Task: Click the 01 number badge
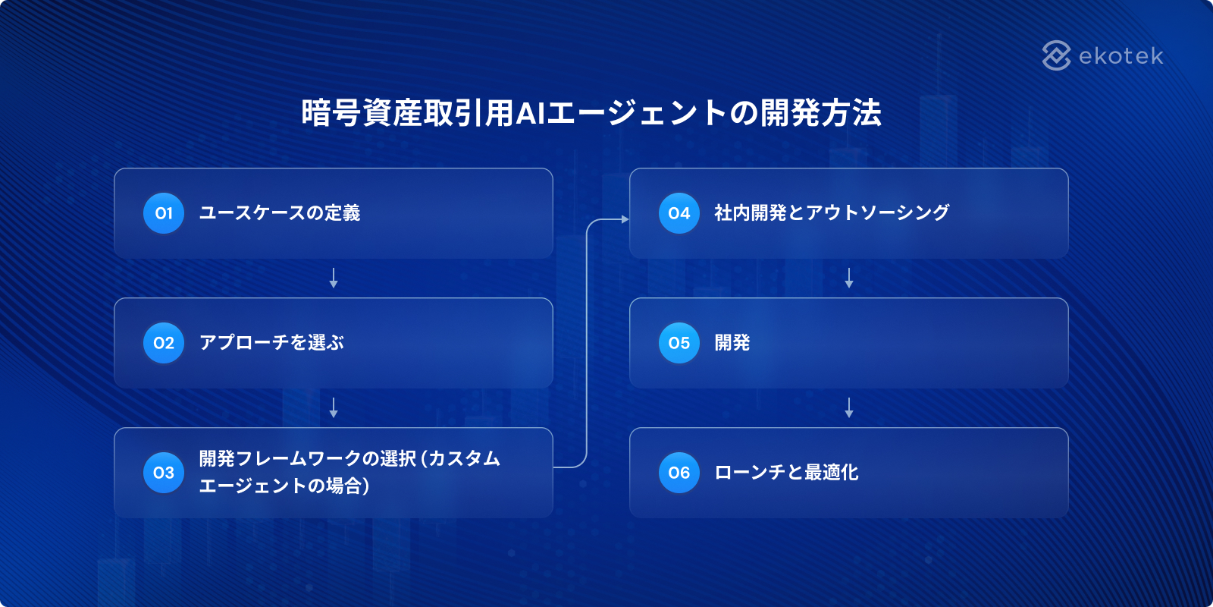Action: pyautogui.click(x=164, y=213)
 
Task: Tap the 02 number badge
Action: pyautogui.click(x=164, y=343)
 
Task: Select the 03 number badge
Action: pyautogui.click(x=164, y=473)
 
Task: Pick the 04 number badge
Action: pyautogui.click(x=679, y=213)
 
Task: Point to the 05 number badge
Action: pyautogui.click(x=679, y=343)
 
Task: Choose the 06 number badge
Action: pyautogui.click(x=679, y=473)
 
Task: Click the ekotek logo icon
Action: pyautogui.click(x=1056, y=55)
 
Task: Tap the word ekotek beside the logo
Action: pyautogui.click(x=1121, y=56)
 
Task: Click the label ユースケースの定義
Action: pyautogui.click(x=279, y=213)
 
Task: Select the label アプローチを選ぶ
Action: pyautogui.click(x=271, y=343)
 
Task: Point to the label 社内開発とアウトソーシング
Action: pyautogui.click(x=832, y=213)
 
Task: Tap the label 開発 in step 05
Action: pyautogui.click(x=732, y=343)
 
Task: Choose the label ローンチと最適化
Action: pyautogui.click(x=786, y=473)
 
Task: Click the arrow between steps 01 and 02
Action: pyautogui.click(x=334, y=278)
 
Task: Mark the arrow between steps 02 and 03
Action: pyautogui.click(x=334, y=407)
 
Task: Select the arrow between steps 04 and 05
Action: pyautogui.click(x=849, y=278)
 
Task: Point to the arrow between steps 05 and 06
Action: pyautogui.click(x=849, y=407)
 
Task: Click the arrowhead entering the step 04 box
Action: pyautogui.click(x=625, y=219)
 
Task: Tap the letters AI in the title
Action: pyautogui.click(x=531, y=113)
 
